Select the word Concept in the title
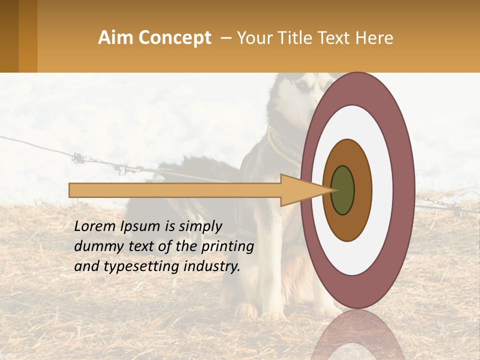tap(174, 38)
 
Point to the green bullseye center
tap(343, 190)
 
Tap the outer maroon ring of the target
tap(404, 190)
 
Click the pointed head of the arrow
tap(305, 190)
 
